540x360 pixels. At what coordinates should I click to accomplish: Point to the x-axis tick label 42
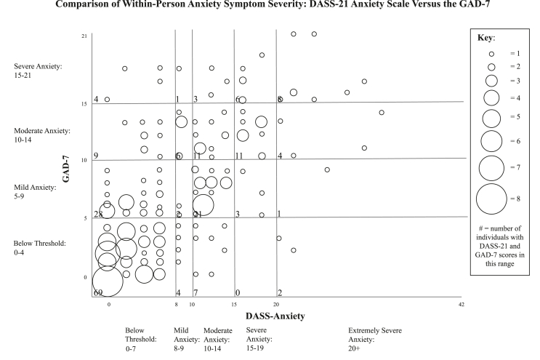(x=462, y=305)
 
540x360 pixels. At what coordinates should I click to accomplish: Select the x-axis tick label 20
(x=276, y=305)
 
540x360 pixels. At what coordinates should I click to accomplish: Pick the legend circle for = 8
(x=492, y=196)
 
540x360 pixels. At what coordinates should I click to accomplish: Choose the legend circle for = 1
(x=491, y=54)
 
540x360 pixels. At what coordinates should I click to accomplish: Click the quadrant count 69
(x=99, y=292)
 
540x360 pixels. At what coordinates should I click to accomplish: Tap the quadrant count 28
(x=99, y=213)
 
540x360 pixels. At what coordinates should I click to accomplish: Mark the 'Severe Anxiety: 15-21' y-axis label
(x=39, y=71)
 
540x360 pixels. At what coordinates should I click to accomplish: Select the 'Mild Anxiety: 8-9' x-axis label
(x=182, y=337)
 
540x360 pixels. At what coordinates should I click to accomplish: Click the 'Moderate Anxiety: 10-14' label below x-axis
(x=218, y=337)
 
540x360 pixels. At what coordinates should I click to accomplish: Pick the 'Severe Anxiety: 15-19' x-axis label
(x=254, y=337)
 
